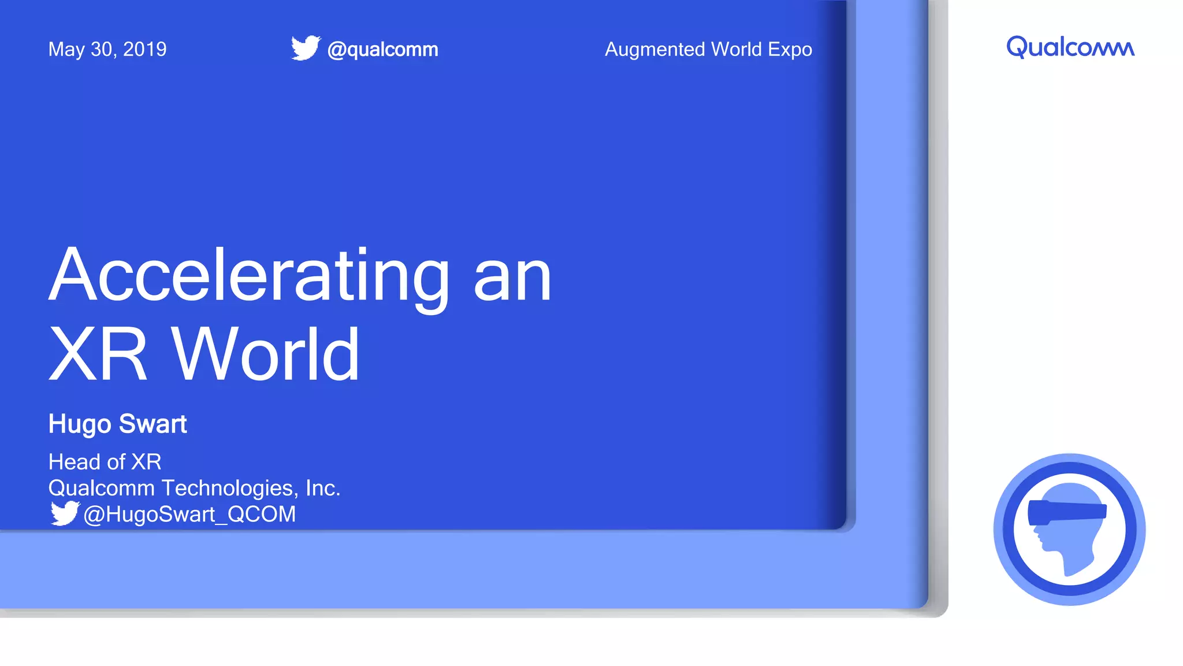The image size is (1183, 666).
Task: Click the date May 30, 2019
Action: (107, 50)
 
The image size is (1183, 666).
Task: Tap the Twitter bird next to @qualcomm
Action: (305, 48)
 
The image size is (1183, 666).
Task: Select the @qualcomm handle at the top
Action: (382, 50)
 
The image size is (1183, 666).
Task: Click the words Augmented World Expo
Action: (708, 50)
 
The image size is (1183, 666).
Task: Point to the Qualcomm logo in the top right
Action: (1070, 47)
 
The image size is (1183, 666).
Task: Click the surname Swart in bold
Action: (153, 424)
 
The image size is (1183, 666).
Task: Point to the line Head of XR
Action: (105, 462)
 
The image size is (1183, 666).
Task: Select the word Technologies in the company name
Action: (229, 489)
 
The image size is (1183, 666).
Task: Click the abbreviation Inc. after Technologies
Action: (323, 489)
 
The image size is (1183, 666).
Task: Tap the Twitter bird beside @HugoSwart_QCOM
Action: (64, 513)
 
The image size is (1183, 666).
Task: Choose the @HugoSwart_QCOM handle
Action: (189, 515)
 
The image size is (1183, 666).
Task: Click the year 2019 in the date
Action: (145, 50)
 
